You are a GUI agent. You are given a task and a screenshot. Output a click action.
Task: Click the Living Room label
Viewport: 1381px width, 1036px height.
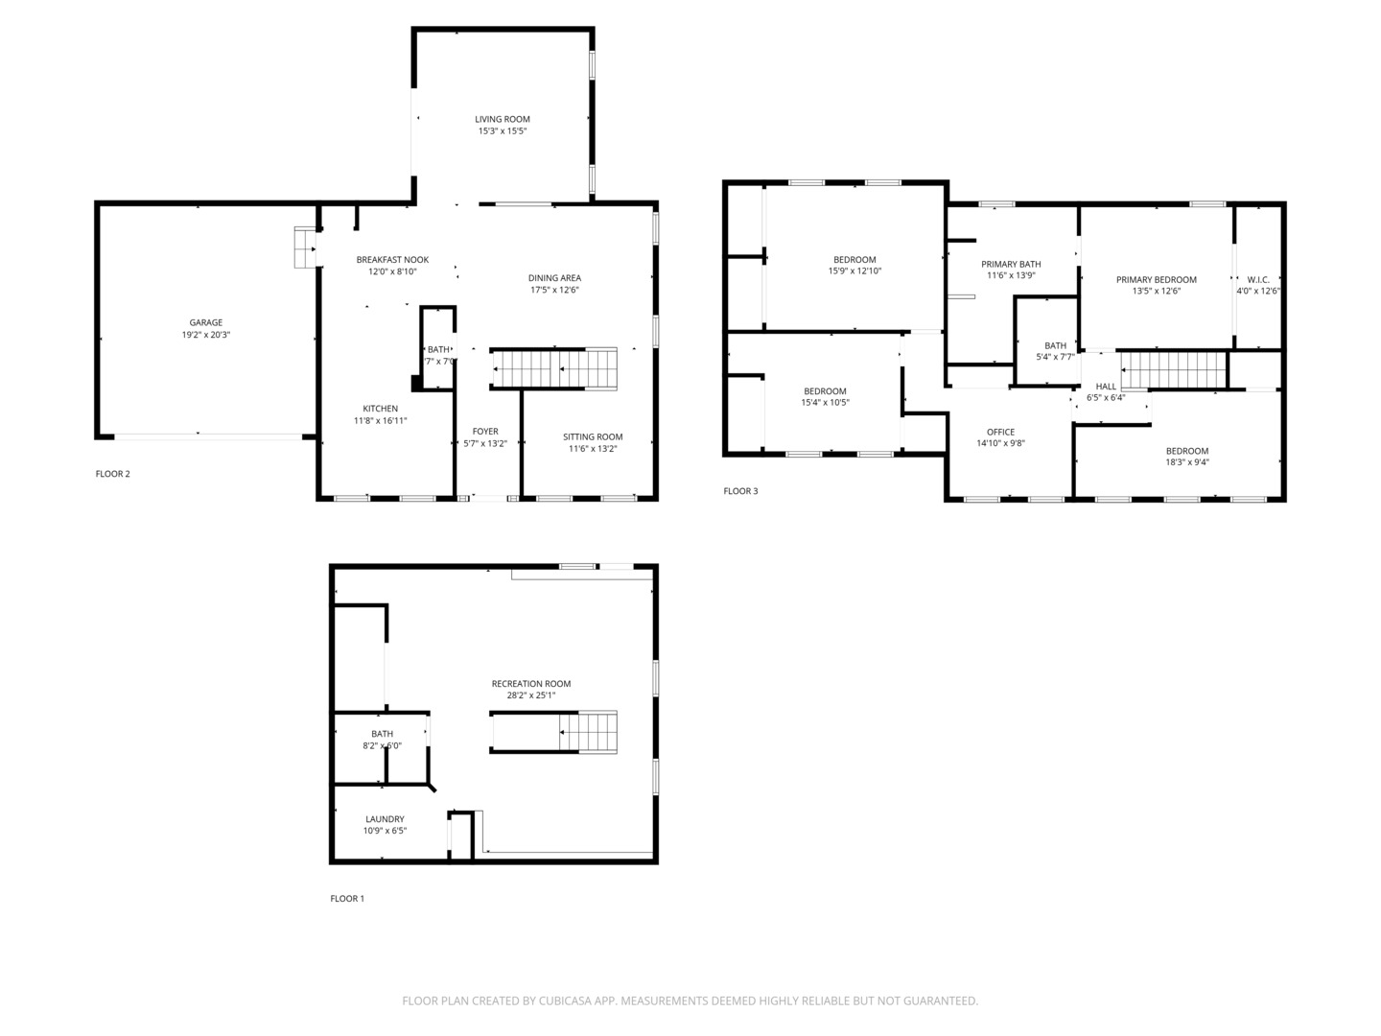(x=503, y=119)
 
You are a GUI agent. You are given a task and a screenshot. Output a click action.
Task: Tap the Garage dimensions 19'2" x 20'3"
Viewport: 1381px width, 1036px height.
(x=205, y=335)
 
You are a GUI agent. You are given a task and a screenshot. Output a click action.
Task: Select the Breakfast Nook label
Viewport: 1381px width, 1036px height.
(x=392, y=260)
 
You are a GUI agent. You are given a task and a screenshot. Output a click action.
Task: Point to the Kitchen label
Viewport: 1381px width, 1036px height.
(x=380, y=409)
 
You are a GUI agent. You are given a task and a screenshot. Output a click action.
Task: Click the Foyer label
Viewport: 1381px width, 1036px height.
(x=485, y=432)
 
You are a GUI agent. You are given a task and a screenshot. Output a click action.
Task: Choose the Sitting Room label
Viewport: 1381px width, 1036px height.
(x=593, y=436)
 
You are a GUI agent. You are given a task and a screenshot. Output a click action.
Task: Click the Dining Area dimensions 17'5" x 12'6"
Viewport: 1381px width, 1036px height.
(x=554, y=290)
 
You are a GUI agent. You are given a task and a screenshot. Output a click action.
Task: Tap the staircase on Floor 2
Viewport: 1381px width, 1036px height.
(x=554, y=368)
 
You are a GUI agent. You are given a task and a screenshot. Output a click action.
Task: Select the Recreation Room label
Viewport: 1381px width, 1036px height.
(x=530, y=684)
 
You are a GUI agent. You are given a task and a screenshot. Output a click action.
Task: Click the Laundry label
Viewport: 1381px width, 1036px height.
(x=385, y=819)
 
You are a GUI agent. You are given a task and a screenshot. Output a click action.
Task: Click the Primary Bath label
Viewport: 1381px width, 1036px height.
(x=1011, y=264)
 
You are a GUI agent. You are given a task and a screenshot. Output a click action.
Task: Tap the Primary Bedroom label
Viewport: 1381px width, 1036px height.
(x=1156, y=279)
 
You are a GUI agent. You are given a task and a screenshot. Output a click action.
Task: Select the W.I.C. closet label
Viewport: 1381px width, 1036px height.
(x=1258, y=279)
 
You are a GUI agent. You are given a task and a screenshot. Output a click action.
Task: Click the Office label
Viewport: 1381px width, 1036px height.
(x=1000, y=432)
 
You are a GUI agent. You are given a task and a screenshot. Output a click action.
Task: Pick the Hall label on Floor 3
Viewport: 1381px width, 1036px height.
(x=1106, y=386)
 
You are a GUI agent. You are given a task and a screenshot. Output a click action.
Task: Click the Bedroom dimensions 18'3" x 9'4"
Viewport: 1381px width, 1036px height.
(x=1186, y=462)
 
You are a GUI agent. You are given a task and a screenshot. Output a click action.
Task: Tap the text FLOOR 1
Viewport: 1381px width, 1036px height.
(x=347, y=899)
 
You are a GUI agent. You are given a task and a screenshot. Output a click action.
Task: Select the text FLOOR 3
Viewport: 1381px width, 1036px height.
(x=740, y=491)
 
